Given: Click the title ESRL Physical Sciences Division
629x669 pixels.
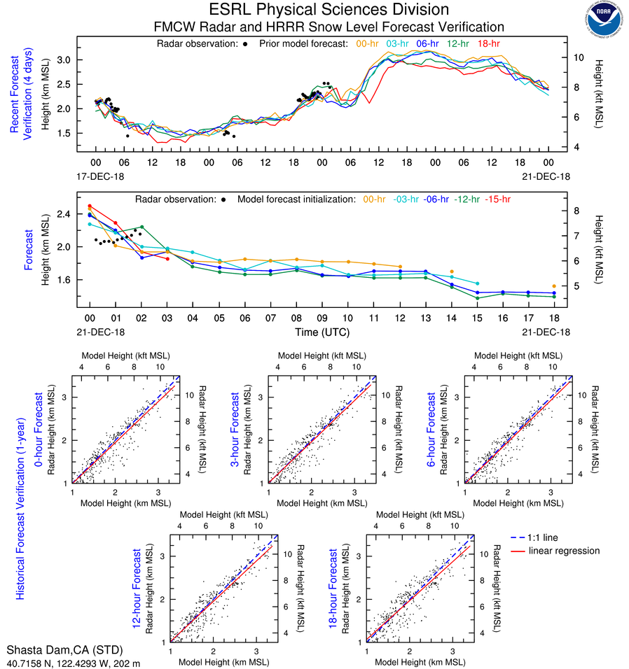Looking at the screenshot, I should click(329, 10).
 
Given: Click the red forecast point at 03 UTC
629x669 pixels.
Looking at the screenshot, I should click(167, 259).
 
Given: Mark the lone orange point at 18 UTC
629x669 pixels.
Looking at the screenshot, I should click(554, 286).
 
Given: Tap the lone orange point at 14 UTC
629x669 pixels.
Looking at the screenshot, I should click(452, 272).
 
